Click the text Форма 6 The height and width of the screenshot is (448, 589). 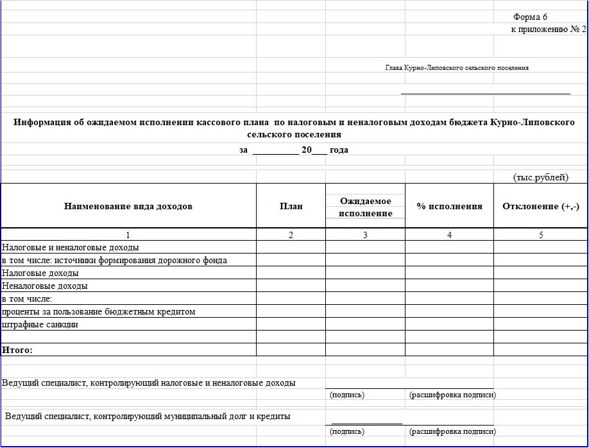click(529, 17)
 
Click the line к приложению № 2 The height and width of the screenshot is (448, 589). click(548, 30)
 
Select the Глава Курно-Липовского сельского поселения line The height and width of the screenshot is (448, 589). click(457, 67)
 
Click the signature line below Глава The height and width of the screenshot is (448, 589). click(486, 94)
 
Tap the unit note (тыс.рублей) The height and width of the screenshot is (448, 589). click(541, 177)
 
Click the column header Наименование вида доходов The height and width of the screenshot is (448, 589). click(128, 206)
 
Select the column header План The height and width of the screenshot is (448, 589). click(291, 206)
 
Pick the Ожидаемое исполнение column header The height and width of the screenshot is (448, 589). click(365, 207)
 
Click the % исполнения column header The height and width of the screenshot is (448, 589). click(449, 206)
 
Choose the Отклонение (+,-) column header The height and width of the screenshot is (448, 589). click(541, 206)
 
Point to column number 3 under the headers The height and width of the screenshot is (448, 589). click(365, 235)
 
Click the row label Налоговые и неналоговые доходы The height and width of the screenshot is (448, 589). click(71, 247)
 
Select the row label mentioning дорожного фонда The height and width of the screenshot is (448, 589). click(114, 260)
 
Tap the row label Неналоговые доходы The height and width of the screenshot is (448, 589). click(45, 286)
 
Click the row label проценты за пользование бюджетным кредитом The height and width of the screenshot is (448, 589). click(98, 311)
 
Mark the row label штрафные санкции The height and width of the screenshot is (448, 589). click(40, 324)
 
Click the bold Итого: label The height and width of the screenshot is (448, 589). click(17, 350)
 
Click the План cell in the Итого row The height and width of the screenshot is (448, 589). click(291, 350)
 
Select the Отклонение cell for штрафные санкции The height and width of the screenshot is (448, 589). click(541, 324)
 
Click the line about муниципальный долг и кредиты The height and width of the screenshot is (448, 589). click(148, 416)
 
